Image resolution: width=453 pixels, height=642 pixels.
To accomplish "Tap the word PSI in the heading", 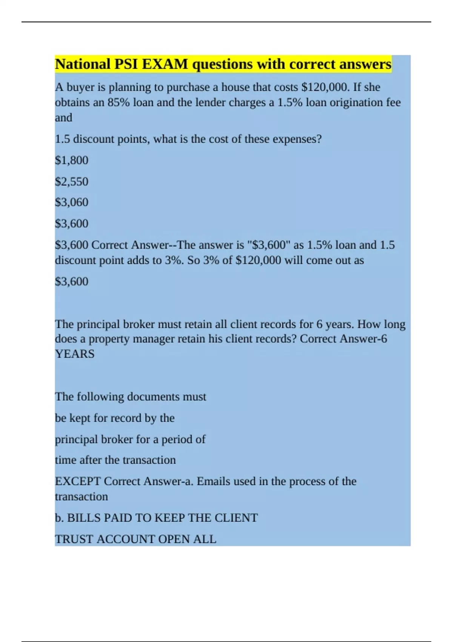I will pyautogui.click(x=126, y=64).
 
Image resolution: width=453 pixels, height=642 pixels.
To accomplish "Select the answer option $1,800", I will pyautogui.click(x=71, y=160).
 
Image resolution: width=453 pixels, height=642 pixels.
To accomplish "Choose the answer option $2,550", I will pyautogui.click(x=71, y=182).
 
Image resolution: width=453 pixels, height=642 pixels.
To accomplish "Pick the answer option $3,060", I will pyautogui.click(x=71, y=202).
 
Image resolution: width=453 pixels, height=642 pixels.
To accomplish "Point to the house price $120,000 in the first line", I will pyautogui.click(x=325, y=87).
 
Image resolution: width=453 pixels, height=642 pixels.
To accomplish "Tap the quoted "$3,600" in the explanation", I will pyautogui.click(x=268, y=245).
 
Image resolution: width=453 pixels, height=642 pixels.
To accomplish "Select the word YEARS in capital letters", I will pyautogui.click(x=74, y=354).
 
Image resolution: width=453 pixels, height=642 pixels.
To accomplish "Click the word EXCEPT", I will pyautogui.click(x=78, y=481).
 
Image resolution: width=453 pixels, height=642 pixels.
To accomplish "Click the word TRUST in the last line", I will pyautogui.click(x=74, y=539).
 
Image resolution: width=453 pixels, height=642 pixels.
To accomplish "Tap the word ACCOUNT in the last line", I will pyautogui.click(x=126, y=539).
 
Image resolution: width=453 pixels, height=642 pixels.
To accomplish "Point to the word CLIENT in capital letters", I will pyautogui.click(x=236, y=518).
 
